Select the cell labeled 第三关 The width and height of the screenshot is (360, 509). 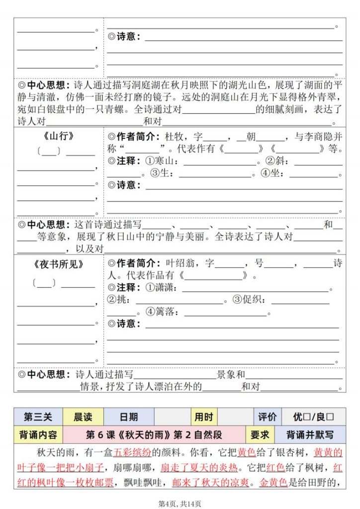coord(38,417)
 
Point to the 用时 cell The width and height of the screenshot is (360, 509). coord(204,417)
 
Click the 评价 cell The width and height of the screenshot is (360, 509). coord(267,417)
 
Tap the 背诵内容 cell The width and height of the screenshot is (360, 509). coord(38,435)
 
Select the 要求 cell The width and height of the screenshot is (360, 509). coord(260,435)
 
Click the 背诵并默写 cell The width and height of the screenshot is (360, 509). coord(310,435)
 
